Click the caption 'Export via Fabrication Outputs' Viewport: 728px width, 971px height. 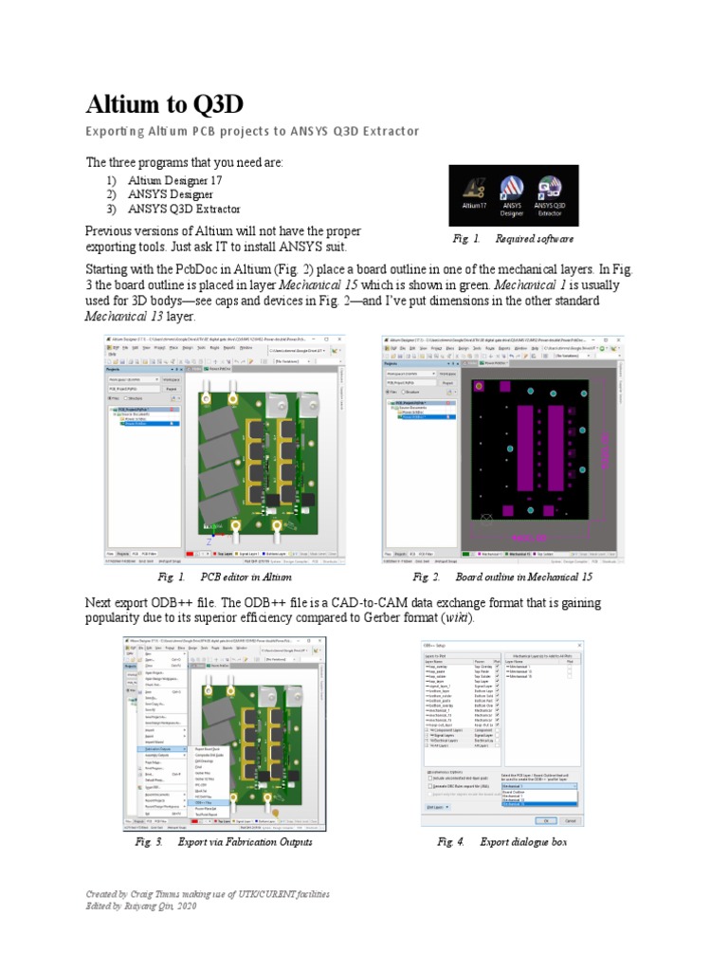point(245,841)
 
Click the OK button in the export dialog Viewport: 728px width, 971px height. point(547,820)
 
